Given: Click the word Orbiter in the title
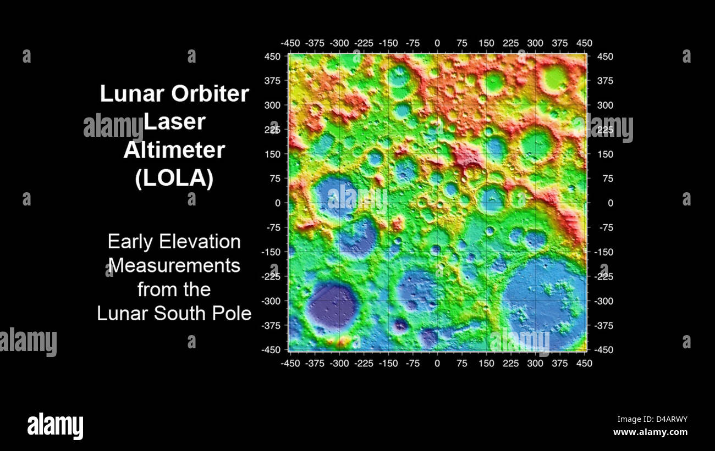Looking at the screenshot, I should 210,94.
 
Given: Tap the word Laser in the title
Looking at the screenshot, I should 174,122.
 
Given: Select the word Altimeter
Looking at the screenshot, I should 174,150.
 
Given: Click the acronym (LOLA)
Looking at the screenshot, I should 174,179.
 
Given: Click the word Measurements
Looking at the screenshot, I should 174,265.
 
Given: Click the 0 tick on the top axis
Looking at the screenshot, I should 437,43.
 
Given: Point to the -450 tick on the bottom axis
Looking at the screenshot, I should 290,363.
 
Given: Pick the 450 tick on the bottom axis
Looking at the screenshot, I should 584,363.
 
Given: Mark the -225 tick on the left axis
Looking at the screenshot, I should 271,276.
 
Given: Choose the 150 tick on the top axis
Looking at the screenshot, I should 486,43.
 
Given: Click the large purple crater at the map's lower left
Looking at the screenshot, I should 332,305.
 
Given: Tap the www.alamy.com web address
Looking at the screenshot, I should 650,432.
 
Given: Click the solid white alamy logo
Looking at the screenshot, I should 55,426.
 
